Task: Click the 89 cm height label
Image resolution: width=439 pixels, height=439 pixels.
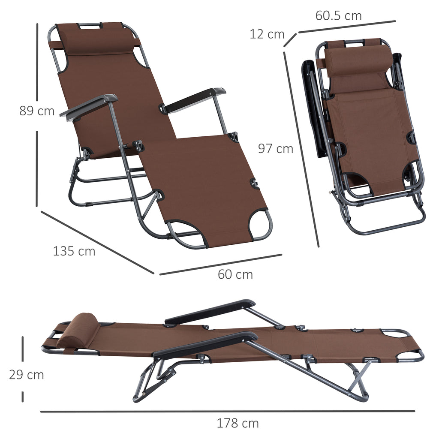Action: (x=37, y=111)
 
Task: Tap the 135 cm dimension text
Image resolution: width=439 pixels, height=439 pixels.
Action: (x=74, y=251)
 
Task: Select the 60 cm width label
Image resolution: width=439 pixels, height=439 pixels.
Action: (x=235, y=274)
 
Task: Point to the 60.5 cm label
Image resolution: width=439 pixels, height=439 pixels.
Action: (x=339, y=16)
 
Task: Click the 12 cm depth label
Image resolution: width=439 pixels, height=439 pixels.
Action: (x=267, y=34)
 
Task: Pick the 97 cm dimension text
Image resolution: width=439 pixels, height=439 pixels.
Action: (x=276, y=149)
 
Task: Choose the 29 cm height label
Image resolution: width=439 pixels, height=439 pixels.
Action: (x=27, y=375)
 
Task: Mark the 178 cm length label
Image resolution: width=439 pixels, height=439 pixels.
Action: (x=238, y=424)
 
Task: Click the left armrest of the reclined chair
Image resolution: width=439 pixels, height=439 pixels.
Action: (x=89, y=106)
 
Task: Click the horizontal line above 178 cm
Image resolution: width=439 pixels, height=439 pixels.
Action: (x=227, y=412)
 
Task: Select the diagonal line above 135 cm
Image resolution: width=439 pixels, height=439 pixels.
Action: (x=97, y=242)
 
